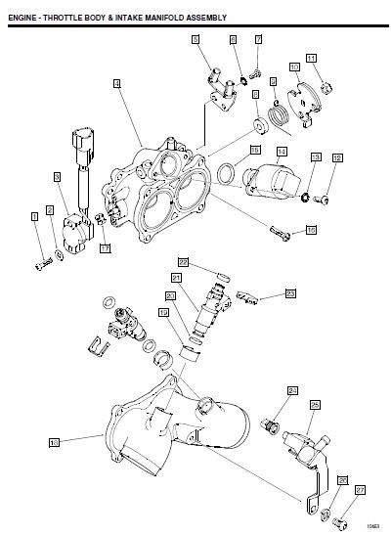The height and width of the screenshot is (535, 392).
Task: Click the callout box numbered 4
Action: [117, 85]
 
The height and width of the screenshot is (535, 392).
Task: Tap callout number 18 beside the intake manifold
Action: [55, 442]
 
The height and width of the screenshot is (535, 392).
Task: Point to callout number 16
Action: [311, 231]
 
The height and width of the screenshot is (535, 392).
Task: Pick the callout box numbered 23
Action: [290, 292]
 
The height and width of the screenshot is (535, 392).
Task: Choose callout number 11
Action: [312, 59]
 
